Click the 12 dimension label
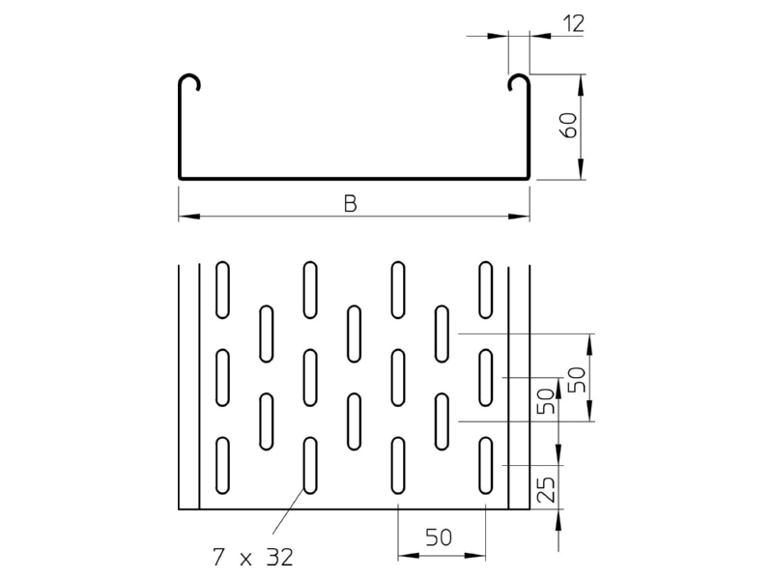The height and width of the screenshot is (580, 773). pyautogui.click(x=573, y=23)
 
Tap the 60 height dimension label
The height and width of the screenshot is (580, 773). pyautogui.click(x=570, y=126)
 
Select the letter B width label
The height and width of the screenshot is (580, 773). pyautogui.click(x=350, y=204)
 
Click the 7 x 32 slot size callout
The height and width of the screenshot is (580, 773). pyautogui.click(x=253, y=558)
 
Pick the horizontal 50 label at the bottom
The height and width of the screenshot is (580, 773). pyautogui.click(x=439, y=537)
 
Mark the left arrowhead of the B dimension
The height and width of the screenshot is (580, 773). pyautogui.click(x=188, y=216)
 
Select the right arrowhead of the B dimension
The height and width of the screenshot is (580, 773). pyautogui.click(x=519, y=216)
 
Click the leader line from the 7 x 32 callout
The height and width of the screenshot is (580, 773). pyautogui.click(x=288, y=511)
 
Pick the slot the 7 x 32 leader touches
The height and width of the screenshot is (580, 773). pyautogui.click(x=310, y=465)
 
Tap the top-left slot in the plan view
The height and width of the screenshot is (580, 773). pyautogui.click(x=222, y=289)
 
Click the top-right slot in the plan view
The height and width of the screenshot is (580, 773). pyautogui.click(x=486, y=289)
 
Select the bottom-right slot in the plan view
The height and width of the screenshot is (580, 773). pyautogui.click(x=486, y=465)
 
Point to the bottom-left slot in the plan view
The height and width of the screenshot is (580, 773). pyautogui.click(x=222, y=465)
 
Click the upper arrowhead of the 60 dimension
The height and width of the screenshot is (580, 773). pyautogui.click(x=582, y=85)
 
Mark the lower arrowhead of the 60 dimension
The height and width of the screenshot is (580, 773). pyautogui.click(x=582, y=168)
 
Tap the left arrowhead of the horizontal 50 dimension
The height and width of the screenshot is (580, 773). pyautogui.click(x=409, y=556)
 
